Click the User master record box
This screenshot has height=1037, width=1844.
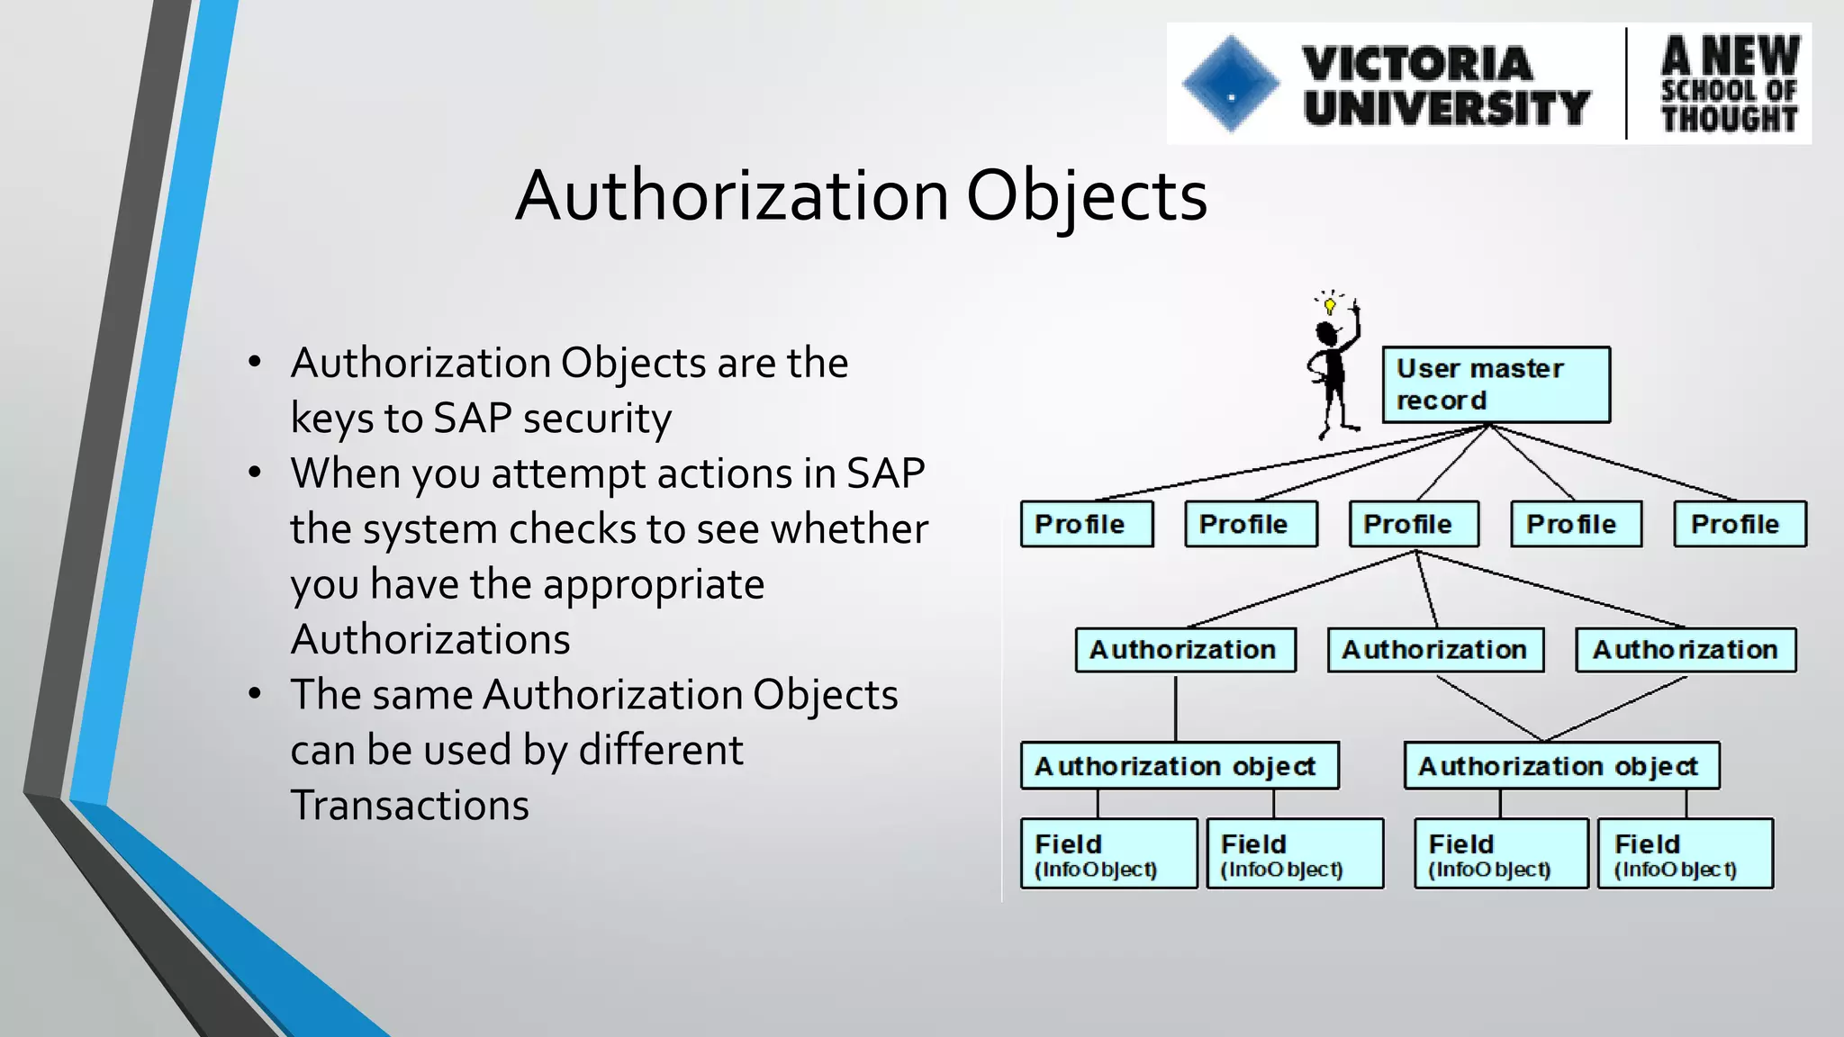point(1496,384)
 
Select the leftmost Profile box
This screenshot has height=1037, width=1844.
point(1086,524)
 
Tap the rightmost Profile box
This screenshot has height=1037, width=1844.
point(1740,524)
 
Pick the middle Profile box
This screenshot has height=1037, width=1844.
point(1413,524)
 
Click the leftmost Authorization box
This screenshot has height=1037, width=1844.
point(1185,650)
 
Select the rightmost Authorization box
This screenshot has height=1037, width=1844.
point(1685,650)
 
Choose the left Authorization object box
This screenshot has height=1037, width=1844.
point(1179,766)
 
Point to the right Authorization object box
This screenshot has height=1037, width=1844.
point(1561,766)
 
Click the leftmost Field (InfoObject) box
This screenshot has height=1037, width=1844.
point(1108,853)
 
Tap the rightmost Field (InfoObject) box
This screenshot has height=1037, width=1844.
point(1685,853)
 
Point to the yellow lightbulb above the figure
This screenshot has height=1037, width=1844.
point(1330,305)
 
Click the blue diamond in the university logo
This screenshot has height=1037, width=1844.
point(1231,85)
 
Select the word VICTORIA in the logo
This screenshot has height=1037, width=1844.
point(1417,63)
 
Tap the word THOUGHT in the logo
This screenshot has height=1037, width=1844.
point(1729,119)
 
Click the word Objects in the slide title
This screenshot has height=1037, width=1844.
point(1086,196)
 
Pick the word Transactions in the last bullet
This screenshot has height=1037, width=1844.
point(410,805)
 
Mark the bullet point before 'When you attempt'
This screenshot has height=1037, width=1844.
point(255,473)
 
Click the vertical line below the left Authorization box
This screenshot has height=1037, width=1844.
point(1176,708)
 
